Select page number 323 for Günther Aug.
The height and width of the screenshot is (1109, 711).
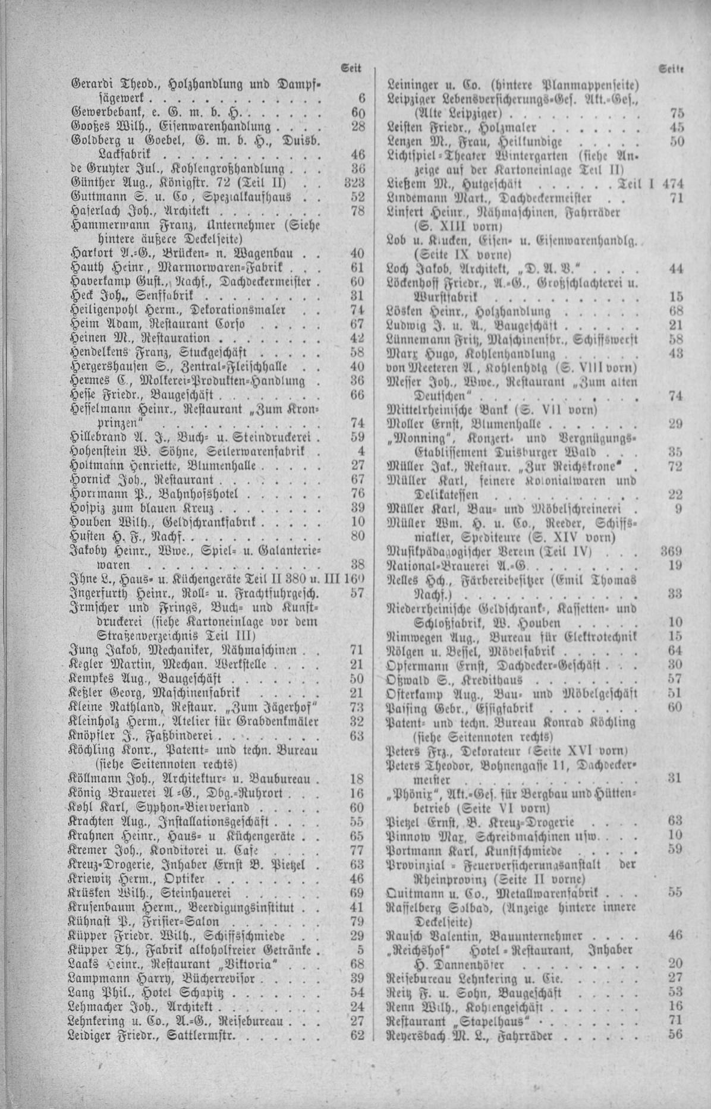click(x=354, y=182)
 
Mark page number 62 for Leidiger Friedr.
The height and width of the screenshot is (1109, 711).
click(x=357, y=1036)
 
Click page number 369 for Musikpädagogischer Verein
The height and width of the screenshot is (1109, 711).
click(x=671, y=552)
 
